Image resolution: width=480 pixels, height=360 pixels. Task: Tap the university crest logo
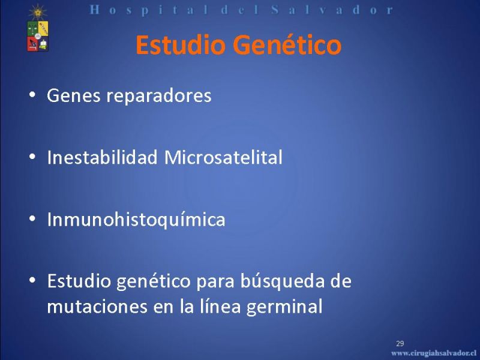point(37,29)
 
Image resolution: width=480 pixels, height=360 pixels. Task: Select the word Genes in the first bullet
point(73,95)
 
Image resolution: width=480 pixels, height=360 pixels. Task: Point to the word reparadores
point(158,96)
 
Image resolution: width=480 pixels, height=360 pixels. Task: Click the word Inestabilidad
point(102,157)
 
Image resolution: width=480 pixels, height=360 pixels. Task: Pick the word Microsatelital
point(223,157)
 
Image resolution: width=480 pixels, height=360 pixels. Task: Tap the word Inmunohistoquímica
point(136,220)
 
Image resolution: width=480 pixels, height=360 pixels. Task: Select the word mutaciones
point(97,306)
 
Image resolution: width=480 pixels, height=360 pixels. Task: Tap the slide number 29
point(400,343)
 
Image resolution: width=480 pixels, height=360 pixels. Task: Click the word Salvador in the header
point(332,10)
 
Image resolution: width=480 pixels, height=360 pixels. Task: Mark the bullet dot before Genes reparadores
point(32,95)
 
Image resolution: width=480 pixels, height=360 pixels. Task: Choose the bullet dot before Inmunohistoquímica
point(32,218)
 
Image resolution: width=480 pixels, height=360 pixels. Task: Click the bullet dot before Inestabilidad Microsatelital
point(32,157)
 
